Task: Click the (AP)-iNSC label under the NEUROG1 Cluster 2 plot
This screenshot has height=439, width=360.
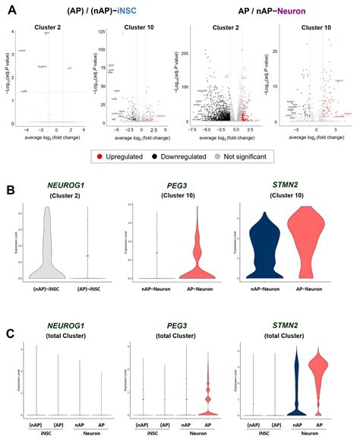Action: tap(88, 289)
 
